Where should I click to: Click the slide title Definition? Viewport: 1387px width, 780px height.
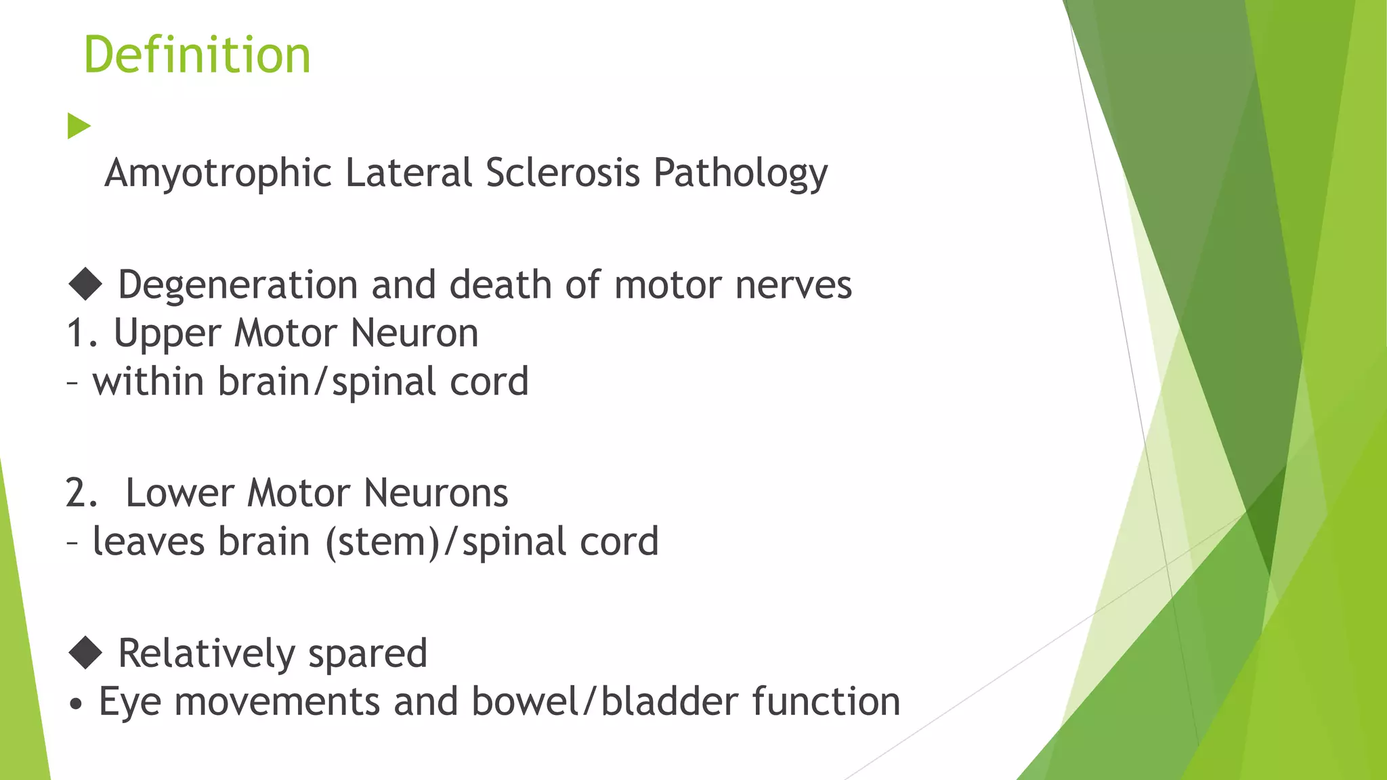[196, 55]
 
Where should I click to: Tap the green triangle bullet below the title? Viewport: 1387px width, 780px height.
[79, 127]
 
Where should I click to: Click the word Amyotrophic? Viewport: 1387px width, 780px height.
[217, 173]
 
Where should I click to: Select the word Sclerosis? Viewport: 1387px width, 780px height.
[562, 173]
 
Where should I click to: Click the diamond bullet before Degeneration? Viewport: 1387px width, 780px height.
[85, 284]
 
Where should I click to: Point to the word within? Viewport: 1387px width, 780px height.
[148, 381]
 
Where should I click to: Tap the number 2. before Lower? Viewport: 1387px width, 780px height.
[83, 493]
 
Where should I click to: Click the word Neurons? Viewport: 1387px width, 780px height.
[435, 493]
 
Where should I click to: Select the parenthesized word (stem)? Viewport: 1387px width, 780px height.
[383, 542]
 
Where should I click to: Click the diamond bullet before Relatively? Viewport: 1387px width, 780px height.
[85, 653]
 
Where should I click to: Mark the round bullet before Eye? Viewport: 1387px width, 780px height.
[77, 704]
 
